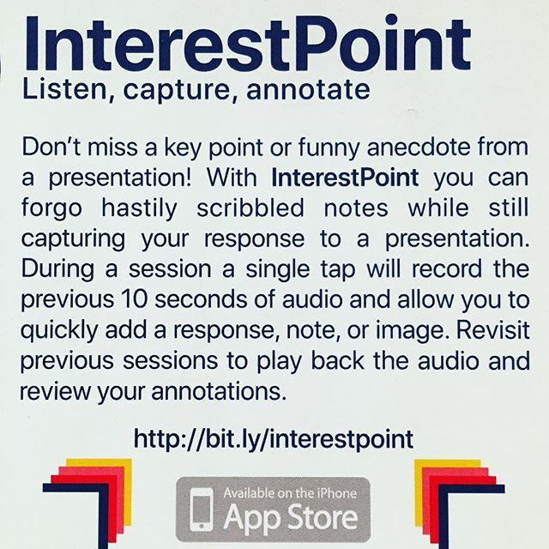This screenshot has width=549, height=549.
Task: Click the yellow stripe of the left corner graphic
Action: (120, 468)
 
